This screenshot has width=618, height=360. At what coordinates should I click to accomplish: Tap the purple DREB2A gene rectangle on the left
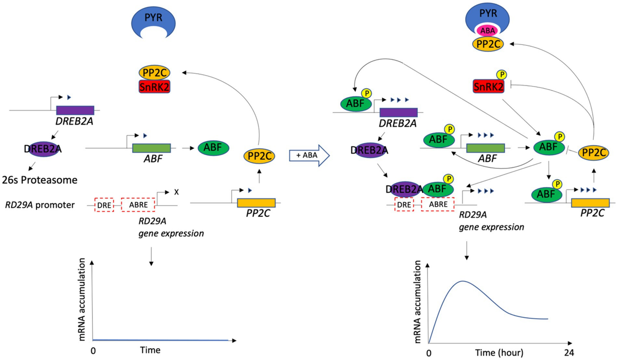[75, 110]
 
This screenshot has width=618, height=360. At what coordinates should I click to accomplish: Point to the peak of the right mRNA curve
[463, 281]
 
